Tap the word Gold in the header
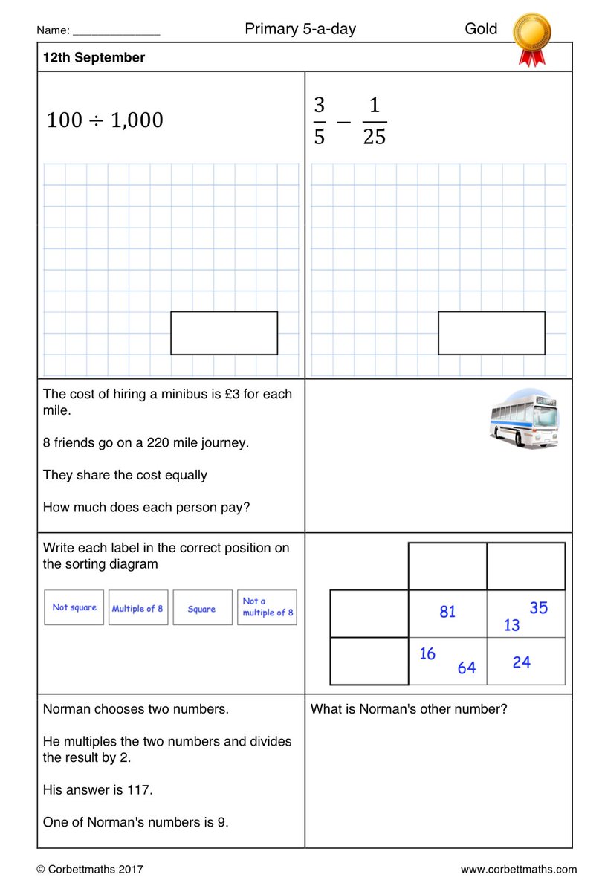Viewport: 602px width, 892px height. pyautogui.click(x=481, y=30)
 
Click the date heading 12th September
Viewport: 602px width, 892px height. pyautogui.click(x=94, y=58)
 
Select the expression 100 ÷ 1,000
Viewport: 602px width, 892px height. pyautogui.click(x=105, y=120)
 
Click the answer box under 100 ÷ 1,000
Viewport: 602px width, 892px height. pyautogui.click(x=224, y=333)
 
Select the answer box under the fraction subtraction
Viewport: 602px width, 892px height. pyautogui.click(x=491, y=333)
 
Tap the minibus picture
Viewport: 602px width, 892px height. pyautogui.click(x=524, y=419)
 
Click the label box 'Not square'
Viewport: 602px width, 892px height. pyautogui.click(x=74, y=607)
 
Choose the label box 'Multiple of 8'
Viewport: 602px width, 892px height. pyautogui.click(x=138, y=608)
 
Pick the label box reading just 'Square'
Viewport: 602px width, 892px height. pyautogui.click(x=202, y=608)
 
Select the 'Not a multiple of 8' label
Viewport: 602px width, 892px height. pyautogui.click(x=267, y=607)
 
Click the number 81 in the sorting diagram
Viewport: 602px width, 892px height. pyautogui.click(x=447, y=612)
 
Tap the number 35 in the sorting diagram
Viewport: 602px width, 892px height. pyautogui.click(x=538, y=607)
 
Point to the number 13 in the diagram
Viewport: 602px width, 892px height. pyautogui.click(x=512, y=626)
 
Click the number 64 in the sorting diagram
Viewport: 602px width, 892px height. pyautogui.click(x=466, y=668)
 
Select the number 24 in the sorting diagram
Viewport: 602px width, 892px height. pyautogui.click(x=522, y=662)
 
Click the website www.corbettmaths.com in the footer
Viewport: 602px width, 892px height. pyautogui.click(x=518, y=869)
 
